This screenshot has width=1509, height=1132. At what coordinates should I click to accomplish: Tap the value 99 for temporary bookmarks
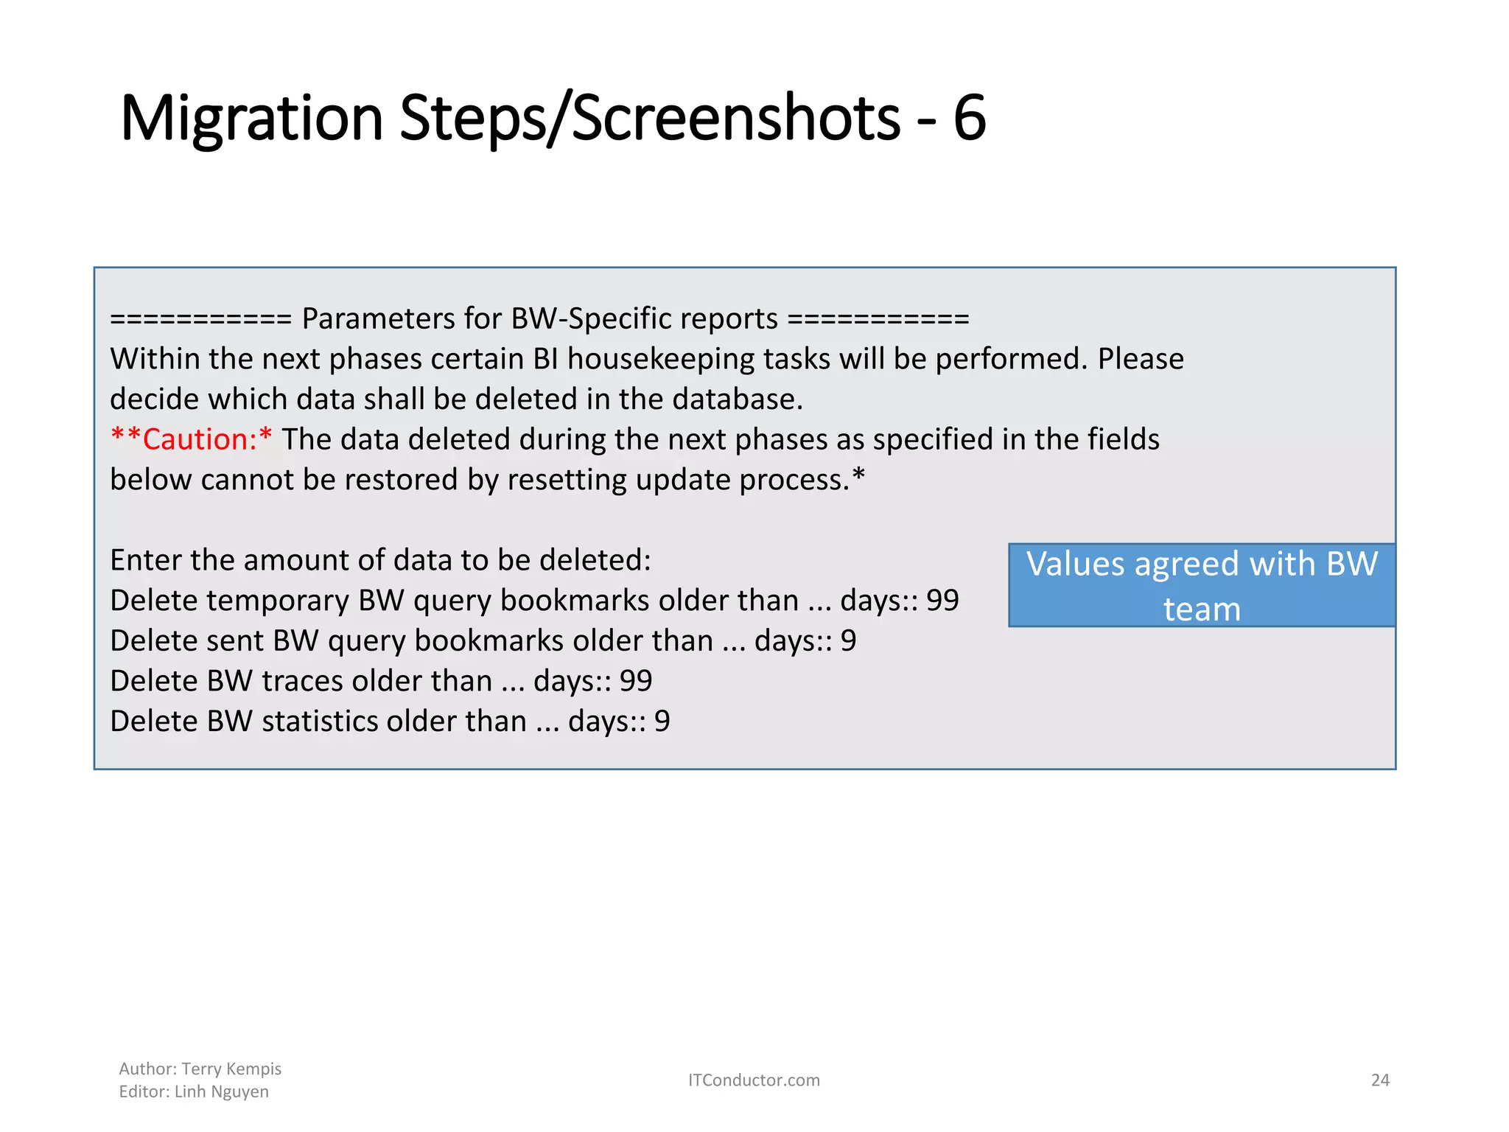[942, 601]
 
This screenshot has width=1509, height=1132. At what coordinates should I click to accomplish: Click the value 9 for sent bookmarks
[848, 641]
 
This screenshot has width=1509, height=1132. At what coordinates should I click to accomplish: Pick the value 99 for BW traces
[636, 681]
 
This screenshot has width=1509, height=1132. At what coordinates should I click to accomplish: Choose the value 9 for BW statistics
[662, 722]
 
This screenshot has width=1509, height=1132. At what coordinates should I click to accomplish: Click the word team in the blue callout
[1202, 609]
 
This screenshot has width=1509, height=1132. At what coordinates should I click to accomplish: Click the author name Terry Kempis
[231, 1069]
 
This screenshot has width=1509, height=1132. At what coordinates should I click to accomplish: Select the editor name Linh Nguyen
[221, 1091]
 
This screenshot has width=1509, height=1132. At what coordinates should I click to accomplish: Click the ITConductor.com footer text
[754, 1080]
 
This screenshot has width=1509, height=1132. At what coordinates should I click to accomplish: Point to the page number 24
[1379, 1080]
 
